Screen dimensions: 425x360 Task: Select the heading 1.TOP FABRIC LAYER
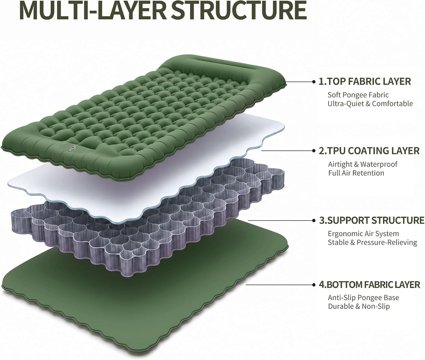point(365,82)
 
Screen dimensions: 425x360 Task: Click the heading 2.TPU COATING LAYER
point(369,151)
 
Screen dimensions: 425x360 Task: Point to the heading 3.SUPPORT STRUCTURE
point(371,220)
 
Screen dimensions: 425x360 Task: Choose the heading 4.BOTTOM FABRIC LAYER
point(370,285)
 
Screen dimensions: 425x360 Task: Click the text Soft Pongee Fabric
point(358,95)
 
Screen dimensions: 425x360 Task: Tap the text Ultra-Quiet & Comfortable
point(370,104)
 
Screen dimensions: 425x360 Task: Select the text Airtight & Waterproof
point(363,164)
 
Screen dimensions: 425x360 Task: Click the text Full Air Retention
point(356,173)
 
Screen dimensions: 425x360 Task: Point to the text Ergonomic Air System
point(364,234)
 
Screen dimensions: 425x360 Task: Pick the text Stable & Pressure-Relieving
point(372,243)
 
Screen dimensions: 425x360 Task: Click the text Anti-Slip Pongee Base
point(364,298)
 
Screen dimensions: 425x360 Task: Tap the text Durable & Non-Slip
point(359,306)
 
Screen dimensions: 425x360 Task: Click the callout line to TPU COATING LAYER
point(288,150)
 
